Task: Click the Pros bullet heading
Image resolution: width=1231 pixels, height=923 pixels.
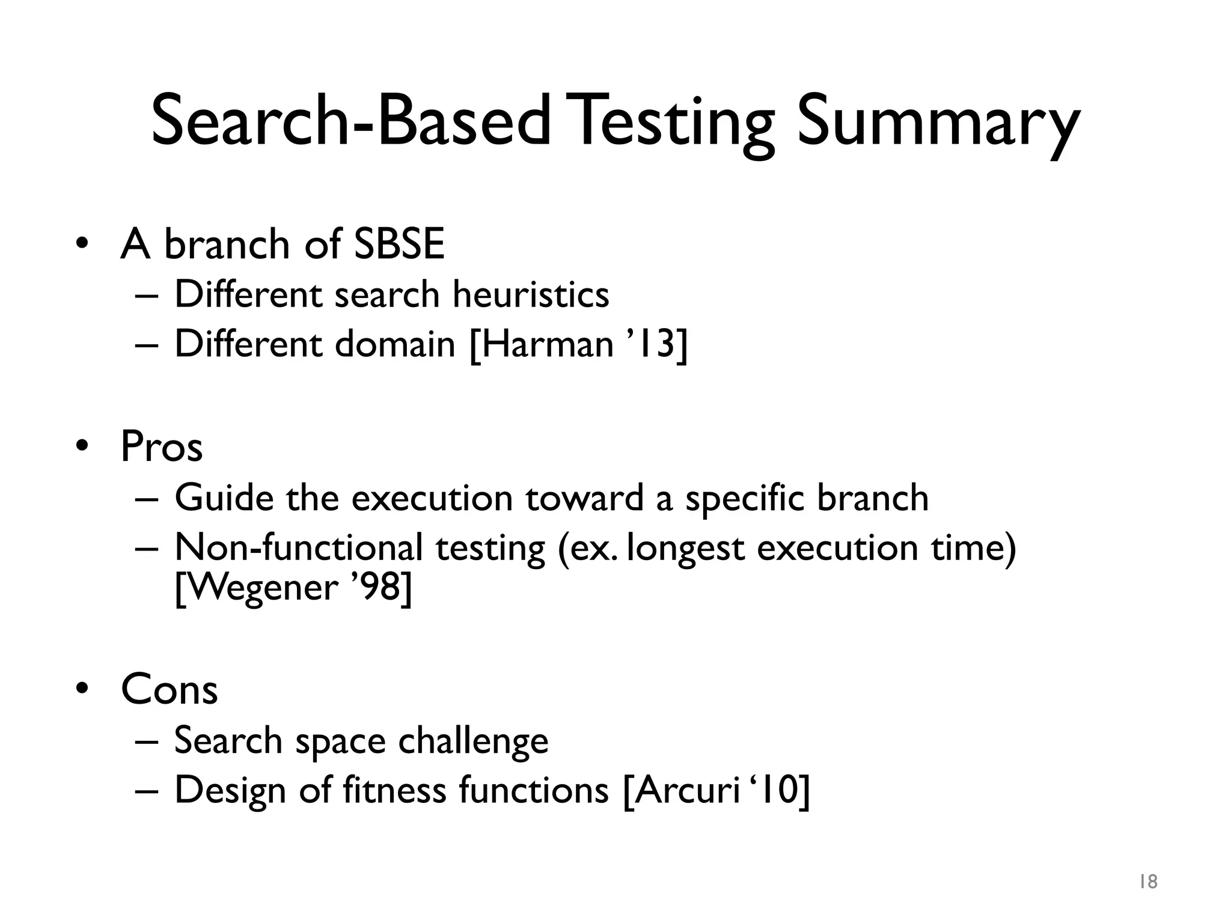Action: [161, 446]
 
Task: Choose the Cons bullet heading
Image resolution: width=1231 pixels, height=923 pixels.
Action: [169, 689]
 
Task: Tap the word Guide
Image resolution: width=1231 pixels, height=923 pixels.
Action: [224, 498]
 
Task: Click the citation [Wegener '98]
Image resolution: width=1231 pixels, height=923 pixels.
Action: [293, 586]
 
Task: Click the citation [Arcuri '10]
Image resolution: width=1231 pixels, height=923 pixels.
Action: [716, 791]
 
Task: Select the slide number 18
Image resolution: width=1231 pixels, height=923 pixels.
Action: [1148, 882]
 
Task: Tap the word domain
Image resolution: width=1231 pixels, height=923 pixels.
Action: [394, 345]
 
